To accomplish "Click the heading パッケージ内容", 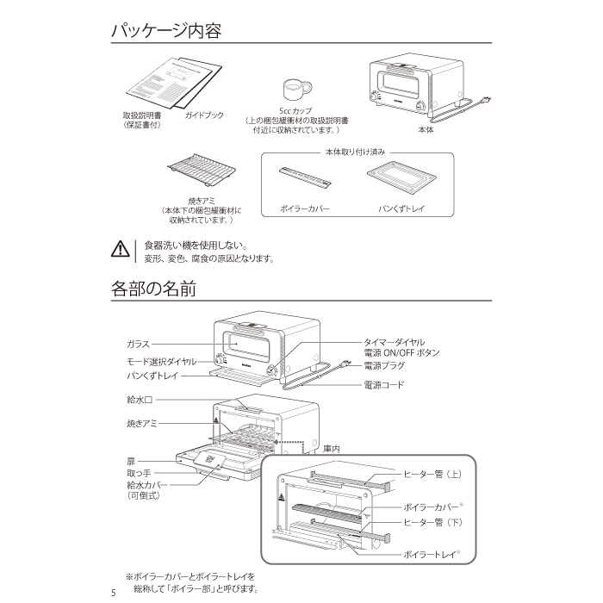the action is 166,31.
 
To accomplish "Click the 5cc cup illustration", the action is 297,90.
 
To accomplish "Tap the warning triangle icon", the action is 121,249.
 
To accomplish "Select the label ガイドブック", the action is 204,115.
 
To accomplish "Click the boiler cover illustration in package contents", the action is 305,177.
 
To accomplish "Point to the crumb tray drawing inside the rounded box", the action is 401,178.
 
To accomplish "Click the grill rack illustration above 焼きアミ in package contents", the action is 202,170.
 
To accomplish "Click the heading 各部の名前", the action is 153,289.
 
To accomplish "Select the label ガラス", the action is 138,345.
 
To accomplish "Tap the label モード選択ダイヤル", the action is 162,362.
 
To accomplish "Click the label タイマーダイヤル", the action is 395,342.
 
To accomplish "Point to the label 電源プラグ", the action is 384,366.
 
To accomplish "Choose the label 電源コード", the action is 384,385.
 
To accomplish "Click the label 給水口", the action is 140,400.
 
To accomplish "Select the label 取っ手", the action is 139,474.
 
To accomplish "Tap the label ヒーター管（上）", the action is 432,474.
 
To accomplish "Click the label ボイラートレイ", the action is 430,555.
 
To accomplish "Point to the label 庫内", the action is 332,449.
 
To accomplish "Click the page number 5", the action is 113,593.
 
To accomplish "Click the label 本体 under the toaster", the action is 426,129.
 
